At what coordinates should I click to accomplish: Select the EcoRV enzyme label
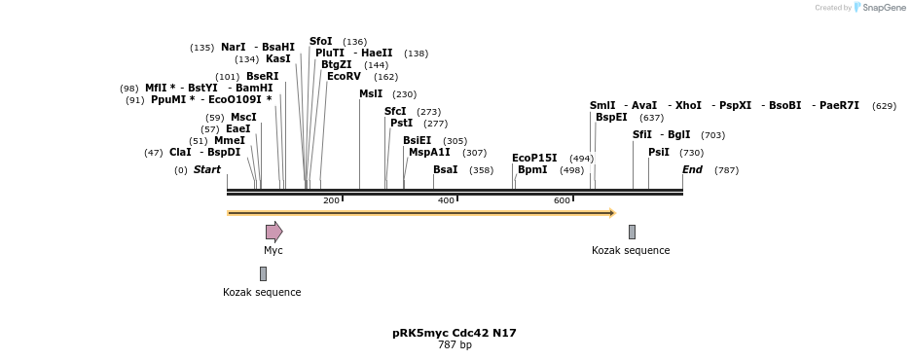344,76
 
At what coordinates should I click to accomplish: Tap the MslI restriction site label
371,94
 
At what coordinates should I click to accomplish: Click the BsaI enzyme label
445,169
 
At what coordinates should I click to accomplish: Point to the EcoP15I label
534,158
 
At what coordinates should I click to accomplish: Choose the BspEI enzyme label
611,117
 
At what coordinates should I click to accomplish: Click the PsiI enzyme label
659,152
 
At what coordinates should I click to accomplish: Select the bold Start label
207,169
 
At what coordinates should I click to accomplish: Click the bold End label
692,169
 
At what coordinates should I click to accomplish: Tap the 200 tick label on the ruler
331,200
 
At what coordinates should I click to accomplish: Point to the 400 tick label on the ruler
446,200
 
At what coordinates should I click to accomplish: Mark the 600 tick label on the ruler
562,200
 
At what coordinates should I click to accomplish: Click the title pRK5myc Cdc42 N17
455,333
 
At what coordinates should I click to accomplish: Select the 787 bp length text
455,345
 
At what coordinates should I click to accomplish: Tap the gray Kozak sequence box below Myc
263,274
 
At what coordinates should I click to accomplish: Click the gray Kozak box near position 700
632,232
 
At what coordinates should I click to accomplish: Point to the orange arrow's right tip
613,213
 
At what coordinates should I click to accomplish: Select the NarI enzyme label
234,47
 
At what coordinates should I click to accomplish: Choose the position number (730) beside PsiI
691,153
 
